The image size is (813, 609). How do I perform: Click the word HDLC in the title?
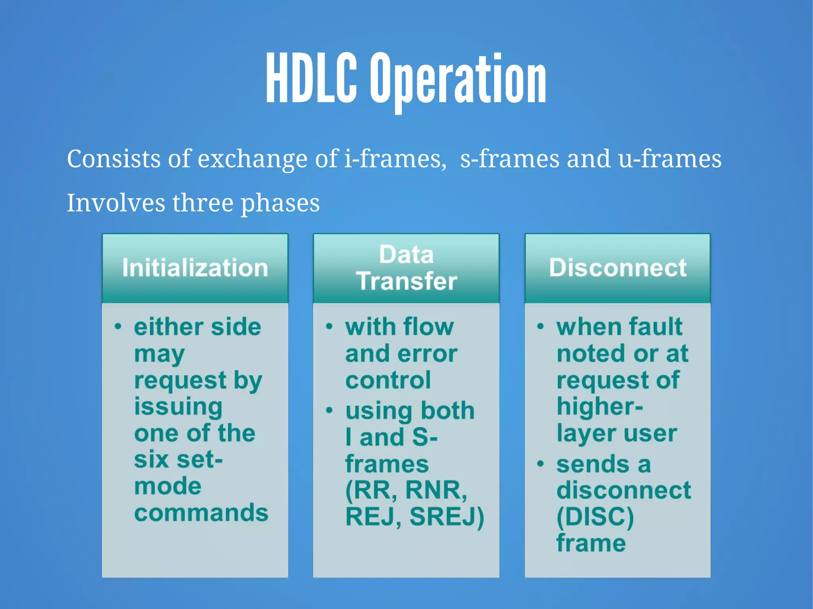[311, 79]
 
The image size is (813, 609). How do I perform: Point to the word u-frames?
[670, 159]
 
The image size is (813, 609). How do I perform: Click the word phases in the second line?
[280, 203]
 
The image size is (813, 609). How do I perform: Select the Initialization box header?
[195, 268]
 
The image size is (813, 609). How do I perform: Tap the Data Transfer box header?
[406, 268]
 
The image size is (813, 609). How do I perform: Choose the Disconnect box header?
[618, 268]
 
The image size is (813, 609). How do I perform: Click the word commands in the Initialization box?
[201, 513]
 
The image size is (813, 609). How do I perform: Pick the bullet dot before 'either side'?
[118, 327]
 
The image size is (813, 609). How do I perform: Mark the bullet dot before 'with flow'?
[329, 327]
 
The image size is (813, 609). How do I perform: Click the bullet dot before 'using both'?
[329, 410]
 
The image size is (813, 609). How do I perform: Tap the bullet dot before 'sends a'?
[540, 464]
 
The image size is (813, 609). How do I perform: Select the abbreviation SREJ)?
[447, 517]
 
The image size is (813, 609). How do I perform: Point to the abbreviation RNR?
[436, 490]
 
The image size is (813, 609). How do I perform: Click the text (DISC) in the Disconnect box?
[595, 517]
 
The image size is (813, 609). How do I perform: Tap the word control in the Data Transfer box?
[388, 380]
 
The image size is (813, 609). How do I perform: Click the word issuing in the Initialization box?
[178, 407]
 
